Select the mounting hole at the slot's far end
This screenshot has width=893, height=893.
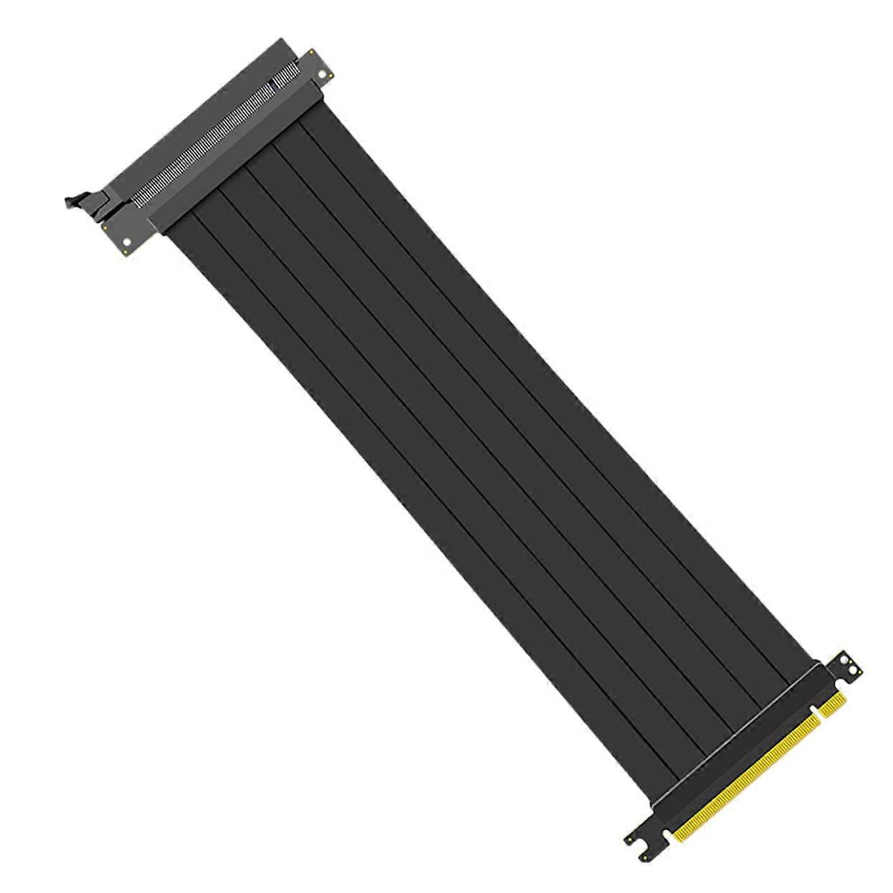tap(322, 74)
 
